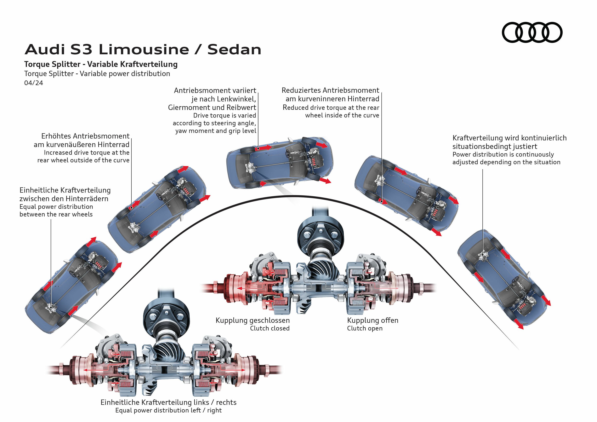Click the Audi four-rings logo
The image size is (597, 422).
pos(532,32)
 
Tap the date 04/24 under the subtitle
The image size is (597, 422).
pos(34,83)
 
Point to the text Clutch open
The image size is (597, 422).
pos(365,328)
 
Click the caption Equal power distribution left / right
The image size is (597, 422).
pos(169,410)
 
